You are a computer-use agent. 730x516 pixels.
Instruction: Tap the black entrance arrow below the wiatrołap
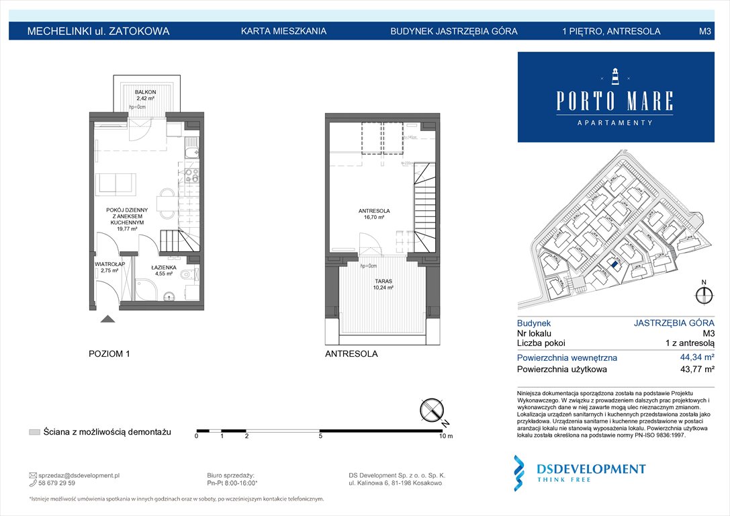[107, 319]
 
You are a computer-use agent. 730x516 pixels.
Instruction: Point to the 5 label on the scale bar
[321, 437]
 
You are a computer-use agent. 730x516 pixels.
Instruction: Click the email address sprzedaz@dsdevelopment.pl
[79, 475]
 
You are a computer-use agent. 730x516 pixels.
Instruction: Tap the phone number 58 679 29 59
[57, 483]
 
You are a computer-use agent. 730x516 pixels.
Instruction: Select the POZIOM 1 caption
[109, 354]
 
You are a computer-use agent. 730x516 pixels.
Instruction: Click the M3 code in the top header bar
[704, 31]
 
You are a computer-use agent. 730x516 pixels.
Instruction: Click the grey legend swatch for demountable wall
[34, 432]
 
